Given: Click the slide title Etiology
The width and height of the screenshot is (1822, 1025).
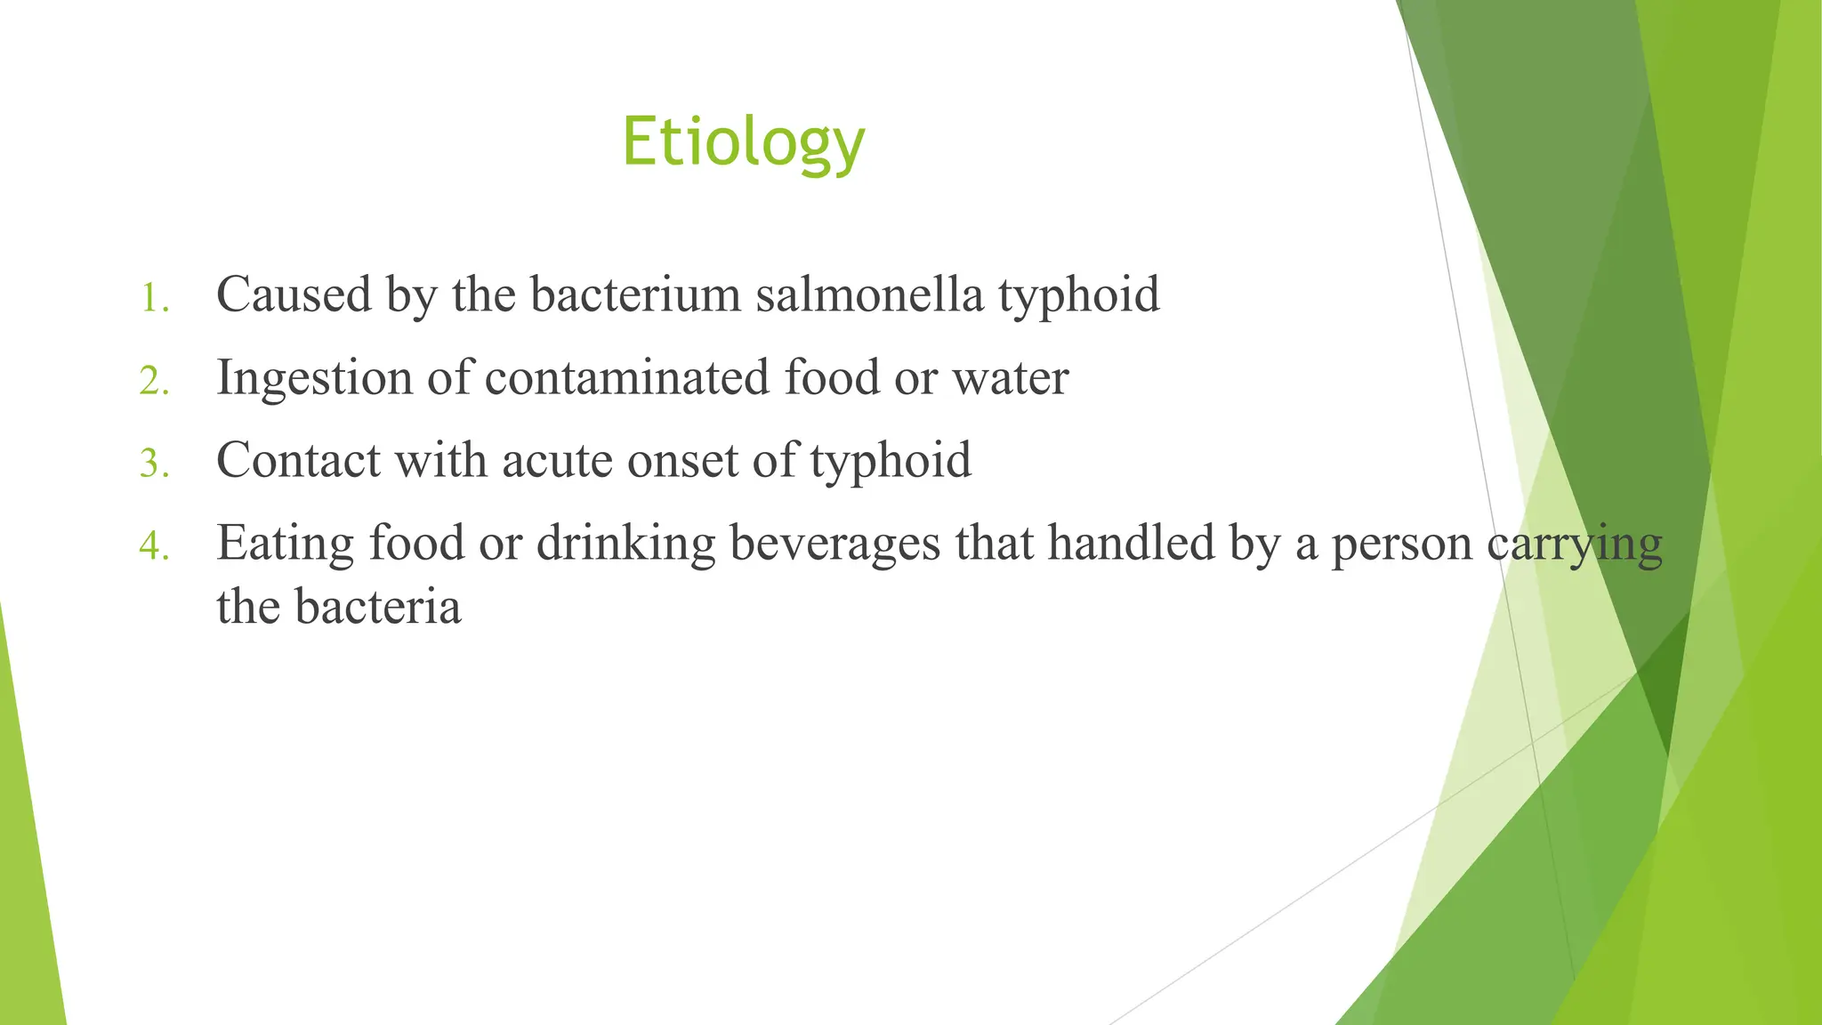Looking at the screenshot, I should [743, 142].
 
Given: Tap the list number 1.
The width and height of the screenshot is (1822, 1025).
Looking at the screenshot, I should [154, 298].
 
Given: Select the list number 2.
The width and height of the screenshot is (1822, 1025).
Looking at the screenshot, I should [154, 381].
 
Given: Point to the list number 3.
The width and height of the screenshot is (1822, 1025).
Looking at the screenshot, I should [154, 464].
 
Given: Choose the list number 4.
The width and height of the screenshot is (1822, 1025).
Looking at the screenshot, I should [154, 546].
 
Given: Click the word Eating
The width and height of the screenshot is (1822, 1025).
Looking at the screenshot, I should [285, 544].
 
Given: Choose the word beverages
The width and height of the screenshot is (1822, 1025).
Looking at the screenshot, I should [834, 544].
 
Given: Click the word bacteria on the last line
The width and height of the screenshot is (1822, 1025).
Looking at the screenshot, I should [378, 607].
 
